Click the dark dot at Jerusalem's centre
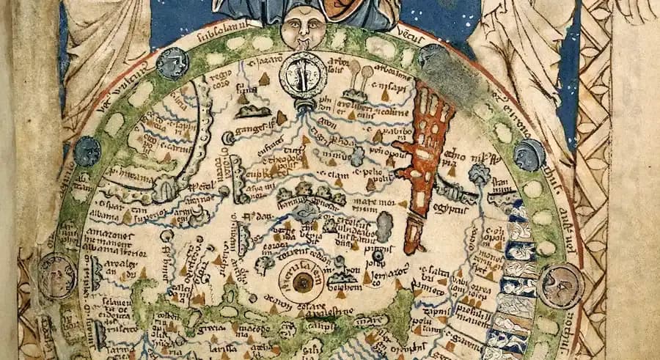pos(301,281)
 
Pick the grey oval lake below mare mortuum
pos(384,226)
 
